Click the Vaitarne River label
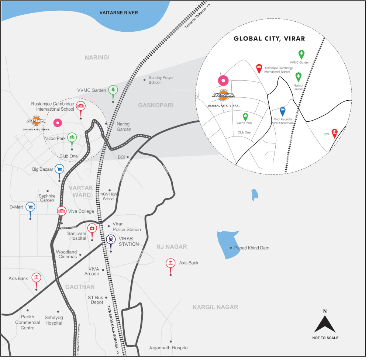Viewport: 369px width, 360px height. pos(119,13)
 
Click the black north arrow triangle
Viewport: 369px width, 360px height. pos(325,325)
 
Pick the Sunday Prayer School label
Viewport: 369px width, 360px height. pos(161,80)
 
